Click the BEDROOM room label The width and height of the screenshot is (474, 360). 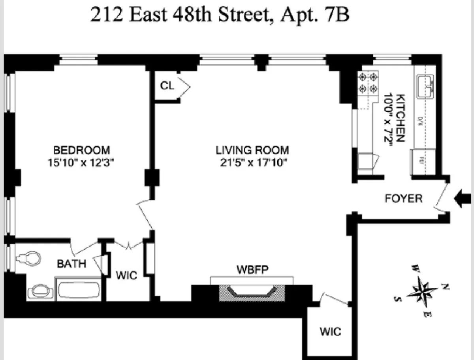tap(81, 150)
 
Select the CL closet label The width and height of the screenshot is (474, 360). tap(167, 86)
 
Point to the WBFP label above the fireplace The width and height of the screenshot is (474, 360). tap(252, 271)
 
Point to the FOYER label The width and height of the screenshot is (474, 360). tap(403, 199)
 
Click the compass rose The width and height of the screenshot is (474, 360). tap(422, 292)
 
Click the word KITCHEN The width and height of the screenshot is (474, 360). tap(400, 118)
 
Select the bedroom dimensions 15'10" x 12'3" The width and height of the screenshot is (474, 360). tap(81, 162)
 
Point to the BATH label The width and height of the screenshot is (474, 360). tap(71, 264)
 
